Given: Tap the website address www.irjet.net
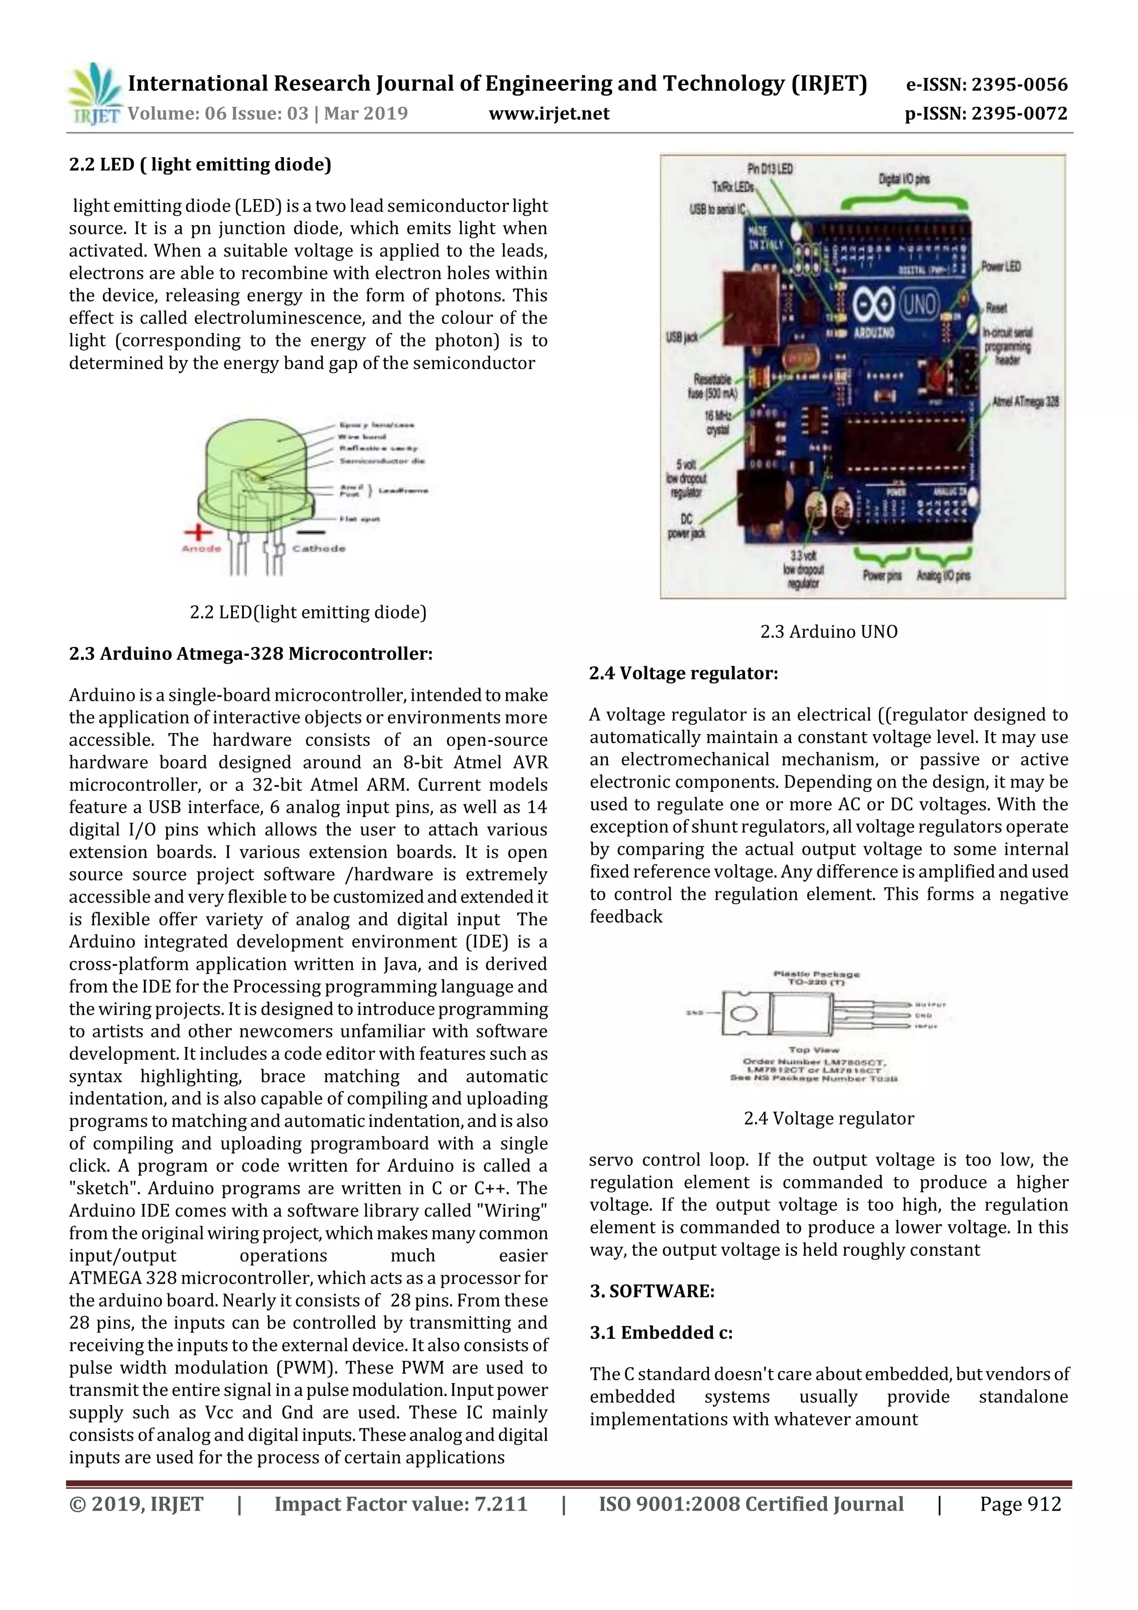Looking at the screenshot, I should click(x=549, y=113).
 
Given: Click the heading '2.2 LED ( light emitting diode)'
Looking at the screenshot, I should click(x=200, y=165).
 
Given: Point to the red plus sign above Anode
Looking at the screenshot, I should click(x=198, y=533).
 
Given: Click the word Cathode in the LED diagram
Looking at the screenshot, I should click(x=319, y=549).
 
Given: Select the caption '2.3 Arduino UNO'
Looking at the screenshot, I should click(x=829, y=632).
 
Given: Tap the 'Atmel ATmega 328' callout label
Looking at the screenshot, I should click(x=1025, y=402).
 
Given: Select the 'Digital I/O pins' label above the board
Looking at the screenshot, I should click(x=904, y=180).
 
